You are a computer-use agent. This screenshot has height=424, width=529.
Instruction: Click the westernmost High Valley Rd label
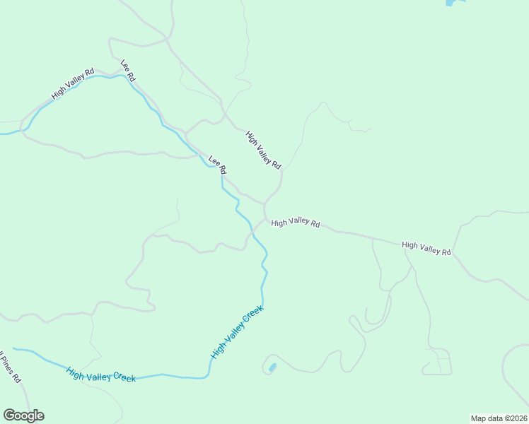pyautogui.click(x=73, y=84)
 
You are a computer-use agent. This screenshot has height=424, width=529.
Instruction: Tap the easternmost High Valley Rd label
pyautogui.click(x=426, y=248)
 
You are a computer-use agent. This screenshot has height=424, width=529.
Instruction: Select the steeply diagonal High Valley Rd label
pyautogui.click(x=263, y=149)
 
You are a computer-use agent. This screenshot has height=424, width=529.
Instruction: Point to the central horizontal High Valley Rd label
pyautogui.click(x=295, y=223)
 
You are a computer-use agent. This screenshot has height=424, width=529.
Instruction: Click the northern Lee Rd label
pyautogui.click(x=128, y=69)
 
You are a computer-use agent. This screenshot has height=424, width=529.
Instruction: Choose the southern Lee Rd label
pyautogui.click(x=217, y=165)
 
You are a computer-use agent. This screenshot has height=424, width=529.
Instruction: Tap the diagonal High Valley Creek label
pyautogui.click(x=237, y=331)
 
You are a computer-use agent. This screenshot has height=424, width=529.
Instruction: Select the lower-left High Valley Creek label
pyautogui.click(x=101, y=375)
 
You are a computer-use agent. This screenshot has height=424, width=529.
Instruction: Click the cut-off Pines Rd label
pyautogui.click(x=10, y=367)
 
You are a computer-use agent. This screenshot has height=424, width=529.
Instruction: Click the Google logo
pyautogui.click(x=23, y=416)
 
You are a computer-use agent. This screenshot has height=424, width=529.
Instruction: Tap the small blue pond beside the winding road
pyautogui.click(x=272, y=368)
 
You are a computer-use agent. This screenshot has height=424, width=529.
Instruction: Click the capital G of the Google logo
pyautogui.click(x=9, y=416)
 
